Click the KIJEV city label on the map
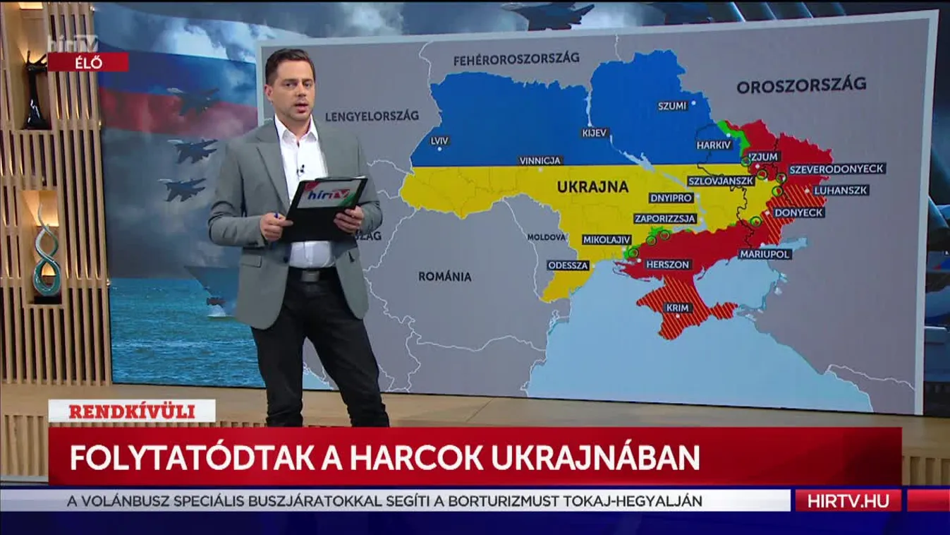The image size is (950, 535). coord(594,133)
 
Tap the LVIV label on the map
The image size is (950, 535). coord(439,141)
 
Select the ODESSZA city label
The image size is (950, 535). coord(568,265)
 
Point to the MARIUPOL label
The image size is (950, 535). coord(765,253)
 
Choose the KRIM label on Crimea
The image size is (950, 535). coord(676,308)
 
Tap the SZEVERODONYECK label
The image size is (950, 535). coord(836,169)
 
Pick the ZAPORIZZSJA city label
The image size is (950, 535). coord(665,219)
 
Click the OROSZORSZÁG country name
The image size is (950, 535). coord(801,86)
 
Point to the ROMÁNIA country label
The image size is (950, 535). coord(444,277)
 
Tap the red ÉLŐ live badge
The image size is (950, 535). coord(88,62)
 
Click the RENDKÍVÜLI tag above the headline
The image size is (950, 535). coord(131,411)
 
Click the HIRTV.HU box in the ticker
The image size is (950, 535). coord(847,500)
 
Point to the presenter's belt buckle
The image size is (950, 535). coord(308,275)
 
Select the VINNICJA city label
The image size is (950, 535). coord(540,161)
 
